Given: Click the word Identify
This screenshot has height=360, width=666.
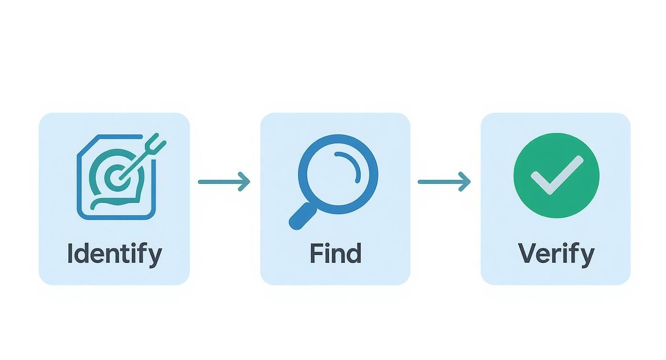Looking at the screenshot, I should pos(114,253).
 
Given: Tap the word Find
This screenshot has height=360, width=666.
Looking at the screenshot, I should pos(335,253).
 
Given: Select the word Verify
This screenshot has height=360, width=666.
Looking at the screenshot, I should pos(556,253).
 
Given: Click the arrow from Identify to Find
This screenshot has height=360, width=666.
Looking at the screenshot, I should pos(223,181).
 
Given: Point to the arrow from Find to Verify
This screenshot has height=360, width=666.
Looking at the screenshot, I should pos(444,181).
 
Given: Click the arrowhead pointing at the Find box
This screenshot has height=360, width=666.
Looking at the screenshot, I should pos(245,181).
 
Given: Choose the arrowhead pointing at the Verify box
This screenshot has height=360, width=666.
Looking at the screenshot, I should pos(465,181).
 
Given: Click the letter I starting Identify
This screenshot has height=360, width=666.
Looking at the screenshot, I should pos(70,253).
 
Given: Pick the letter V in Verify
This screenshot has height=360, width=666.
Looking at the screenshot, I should pos(527,253).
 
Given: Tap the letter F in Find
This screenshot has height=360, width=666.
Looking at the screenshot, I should pos(316,253).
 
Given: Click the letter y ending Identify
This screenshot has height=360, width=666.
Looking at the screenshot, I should pos(155,256).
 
